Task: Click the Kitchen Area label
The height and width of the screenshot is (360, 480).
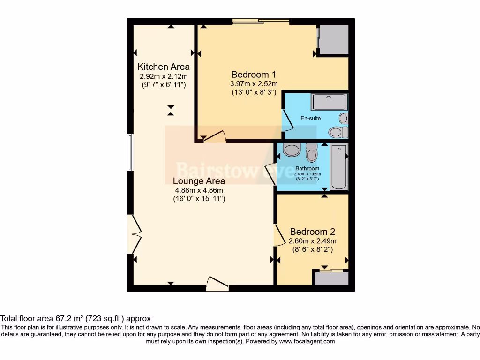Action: (164, 67)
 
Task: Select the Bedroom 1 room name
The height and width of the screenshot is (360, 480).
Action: (254, 74)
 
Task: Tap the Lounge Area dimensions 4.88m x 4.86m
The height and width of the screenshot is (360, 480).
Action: (199, 190)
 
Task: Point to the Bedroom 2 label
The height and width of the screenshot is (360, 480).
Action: (312, 232)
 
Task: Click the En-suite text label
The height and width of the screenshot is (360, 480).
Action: (311, 118)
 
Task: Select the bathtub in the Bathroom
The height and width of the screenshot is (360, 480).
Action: (339, 167)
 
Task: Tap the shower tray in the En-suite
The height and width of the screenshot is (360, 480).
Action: (330, 102)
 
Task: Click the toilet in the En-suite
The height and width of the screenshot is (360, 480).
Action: (337, 132)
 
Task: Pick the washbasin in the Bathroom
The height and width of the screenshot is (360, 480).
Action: (292, 150)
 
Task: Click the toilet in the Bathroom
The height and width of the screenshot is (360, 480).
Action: (311, 152)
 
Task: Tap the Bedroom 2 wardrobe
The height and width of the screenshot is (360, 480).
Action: (331, 278)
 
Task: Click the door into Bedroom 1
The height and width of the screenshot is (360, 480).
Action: (215, 136)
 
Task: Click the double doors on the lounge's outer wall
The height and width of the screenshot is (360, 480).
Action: (135, 233)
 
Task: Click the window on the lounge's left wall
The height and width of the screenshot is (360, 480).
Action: (130, 152)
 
